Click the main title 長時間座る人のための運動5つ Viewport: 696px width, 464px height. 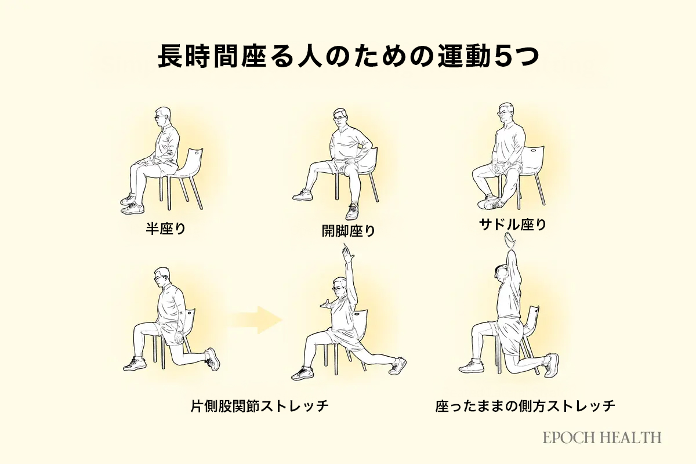349,57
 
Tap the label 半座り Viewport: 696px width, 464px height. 166,229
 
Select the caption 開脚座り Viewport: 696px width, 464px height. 349,231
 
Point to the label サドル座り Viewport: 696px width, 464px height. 513,224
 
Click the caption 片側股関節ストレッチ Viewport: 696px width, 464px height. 260,406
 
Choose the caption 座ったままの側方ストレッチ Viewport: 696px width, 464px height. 525,406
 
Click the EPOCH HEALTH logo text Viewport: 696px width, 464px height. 602,437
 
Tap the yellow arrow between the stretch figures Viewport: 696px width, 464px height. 255,320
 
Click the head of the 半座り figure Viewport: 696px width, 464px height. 162,117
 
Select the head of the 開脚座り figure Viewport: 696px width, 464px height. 340,118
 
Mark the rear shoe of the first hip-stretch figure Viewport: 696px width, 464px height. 212,359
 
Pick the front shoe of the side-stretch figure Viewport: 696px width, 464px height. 471,367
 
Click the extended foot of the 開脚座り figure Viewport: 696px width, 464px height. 302,195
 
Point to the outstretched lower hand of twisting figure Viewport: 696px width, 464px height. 327,304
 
